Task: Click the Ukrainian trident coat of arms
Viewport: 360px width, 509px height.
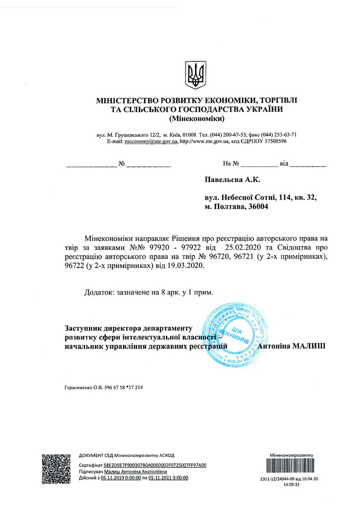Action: click(x=194, y=75)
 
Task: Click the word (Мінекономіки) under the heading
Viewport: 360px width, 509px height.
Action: click(x=197, y=119)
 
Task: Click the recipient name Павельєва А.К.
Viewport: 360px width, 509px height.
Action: click(x=232, y=179)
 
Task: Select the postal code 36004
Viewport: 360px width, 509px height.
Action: click(x=257, y=207)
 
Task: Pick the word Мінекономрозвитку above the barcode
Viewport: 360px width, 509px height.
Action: click(x=292, y=455)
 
